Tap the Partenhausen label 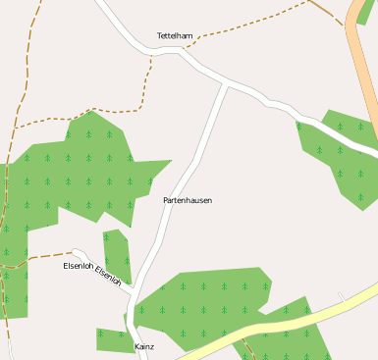coord(188,200)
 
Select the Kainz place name coord(143,346)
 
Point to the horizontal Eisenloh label coord(78,266)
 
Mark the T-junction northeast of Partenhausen coord(227,85)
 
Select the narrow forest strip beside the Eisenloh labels coord(117,255)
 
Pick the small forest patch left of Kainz coord(111,339)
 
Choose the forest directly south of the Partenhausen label coord(206,294)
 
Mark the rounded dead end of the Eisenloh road coord(75,253)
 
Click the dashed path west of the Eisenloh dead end coord(39,257)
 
